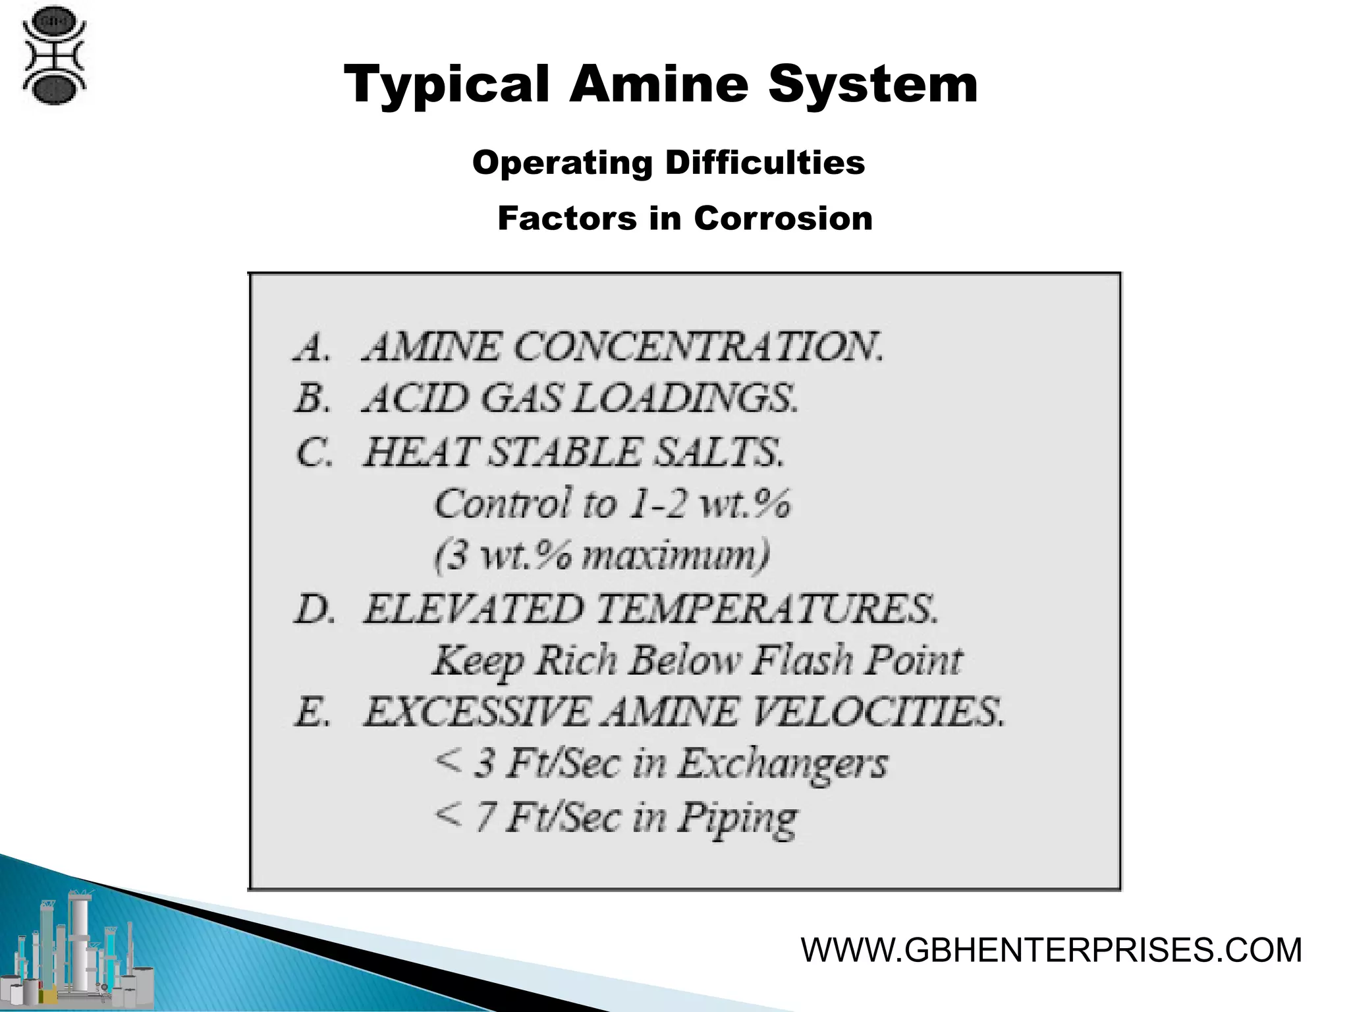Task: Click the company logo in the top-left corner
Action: pyautogui.click(x=54, y=55)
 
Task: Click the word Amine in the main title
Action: pyautogui.click(x=659, y=86)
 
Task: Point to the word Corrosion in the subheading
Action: pyautogui.click(x=783, y=218)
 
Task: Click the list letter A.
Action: pyautogui.click(x=311, y=347)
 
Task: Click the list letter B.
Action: pyautogui.click(x=311, y=399)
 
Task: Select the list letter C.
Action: pyautogui.click(x=314, y=453)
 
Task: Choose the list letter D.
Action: pyautogui.click(x=314, y=609)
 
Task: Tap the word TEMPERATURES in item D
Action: pyautogui.click(x=767, y=609)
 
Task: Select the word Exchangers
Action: pyautogui.click(x=783, y=764)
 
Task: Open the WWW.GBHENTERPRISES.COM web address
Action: pyautogui.click(x=1051, y=950)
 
